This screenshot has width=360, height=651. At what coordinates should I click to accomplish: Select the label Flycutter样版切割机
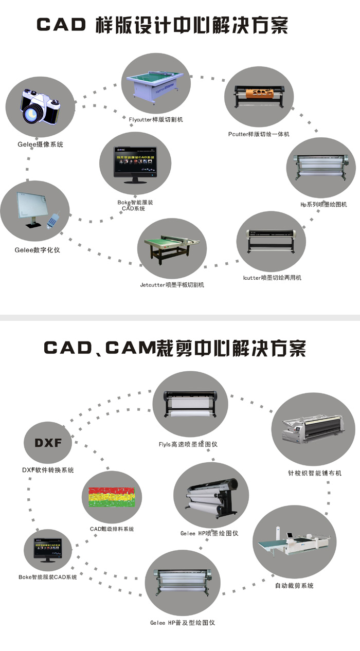156,120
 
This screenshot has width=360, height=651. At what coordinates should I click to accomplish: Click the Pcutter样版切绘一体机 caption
259,134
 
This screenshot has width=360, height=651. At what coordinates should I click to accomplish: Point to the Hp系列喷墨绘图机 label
323,204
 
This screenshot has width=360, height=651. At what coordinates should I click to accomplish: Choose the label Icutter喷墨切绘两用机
272,278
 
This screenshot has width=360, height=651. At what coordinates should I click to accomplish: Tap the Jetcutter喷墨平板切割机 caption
172,284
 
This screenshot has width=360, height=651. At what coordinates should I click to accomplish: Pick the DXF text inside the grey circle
48,443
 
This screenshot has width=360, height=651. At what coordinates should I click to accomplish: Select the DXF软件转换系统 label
48,470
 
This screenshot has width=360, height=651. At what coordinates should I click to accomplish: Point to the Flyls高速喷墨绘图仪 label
188,444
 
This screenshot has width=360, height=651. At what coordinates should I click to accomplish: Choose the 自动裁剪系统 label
294,586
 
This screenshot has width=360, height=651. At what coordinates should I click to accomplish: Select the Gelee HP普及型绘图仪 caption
183,623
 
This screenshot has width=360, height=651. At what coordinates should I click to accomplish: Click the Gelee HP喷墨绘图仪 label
209,533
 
